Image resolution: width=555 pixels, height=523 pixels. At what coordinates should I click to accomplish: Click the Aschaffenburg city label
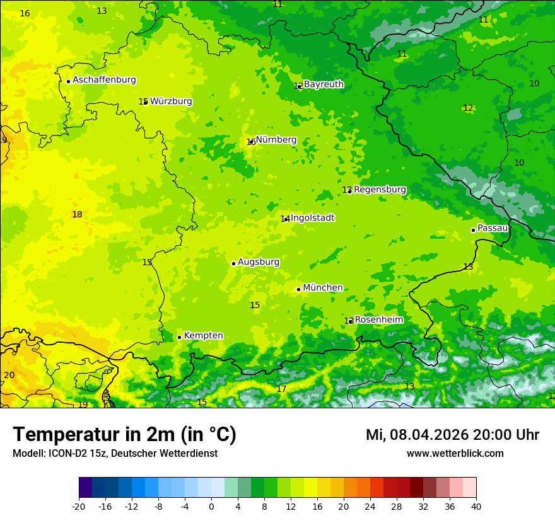(x=104, y=80)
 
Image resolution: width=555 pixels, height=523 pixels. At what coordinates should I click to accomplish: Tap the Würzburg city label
(x=171, y=101)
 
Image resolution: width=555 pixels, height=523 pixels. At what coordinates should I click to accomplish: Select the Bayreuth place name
(x=324, y=84)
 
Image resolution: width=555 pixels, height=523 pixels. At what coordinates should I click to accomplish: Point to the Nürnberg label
(x=276, y=140)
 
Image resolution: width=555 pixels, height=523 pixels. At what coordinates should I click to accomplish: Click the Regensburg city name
(x=380, y=190)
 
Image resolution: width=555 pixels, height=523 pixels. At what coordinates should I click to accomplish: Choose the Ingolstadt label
(x=313, y=218)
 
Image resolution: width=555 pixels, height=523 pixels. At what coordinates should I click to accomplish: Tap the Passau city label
(x=493, y=228)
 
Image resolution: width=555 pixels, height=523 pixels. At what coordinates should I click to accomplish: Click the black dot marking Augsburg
(x=233, y=263)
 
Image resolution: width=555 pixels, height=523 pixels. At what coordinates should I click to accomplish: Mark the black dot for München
(x=298, y=289)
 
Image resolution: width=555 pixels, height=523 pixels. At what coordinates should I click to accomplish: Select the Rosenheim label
(x=378, y=320)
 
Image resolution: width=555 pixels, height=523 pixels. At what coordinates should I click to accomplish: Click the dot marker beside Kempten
(x=179, y=337)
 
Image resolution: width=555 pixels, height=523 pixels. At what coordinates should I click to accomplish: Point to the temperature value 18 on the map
(x=77, y=215)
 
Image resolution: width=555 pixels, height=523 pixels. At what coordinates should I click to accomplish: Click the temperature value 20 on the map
(x=9, y=376)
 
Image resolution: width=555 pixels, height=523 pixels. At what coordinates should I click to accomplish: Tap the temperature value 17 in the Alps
(x=281, y=389)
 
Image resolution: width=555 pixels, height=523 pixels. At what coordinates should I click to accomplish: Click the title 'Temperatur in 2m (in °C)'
(x=124, y=435)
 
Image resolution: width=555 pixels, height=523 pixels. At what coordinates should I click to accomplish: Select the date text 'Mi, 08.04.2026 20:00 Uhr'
(x=452, y=435)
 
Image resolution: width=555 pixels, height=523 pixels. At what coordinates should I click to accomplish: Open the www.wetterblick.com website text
(x=455, y=454)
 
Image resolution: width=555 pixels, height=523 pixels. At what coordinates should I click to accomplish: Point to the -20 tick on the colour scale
(x=79, y=507)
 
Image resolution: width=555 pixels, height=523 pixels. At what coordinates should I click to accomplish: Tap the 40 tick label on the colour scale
(x=476, y=507)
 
